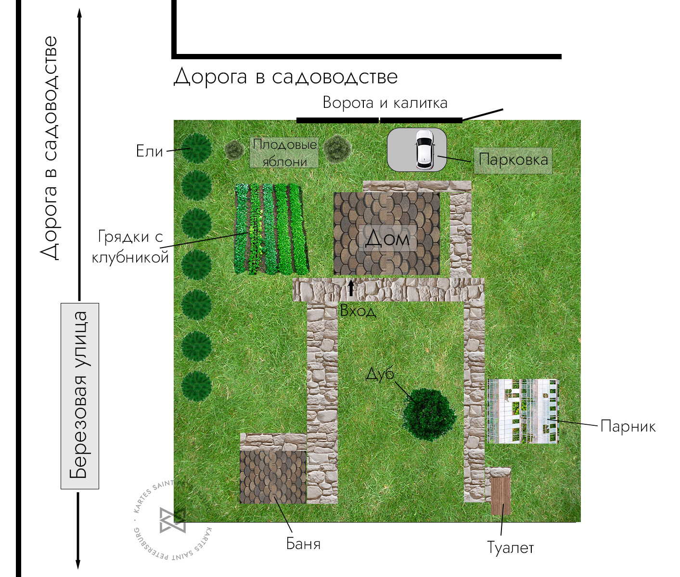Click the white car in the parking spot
click(424, 149)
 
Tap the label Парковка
click(513, 160)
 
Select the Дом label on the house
click(387, 238)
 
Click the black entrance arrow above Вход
click(351, 288)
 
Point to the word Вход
click(358, 311)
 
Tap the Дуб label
click(380, 374)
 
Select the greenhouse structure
click(523, 411)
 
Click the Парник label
click(628, 426)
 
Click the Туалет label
click(510, 548)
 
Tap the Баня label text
click(303, 544)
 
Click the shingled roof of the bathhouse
click(272, 477)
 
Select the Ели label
click(150, 151)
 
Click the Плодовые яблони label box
click(284, 153)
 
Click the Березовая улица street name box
click(80, 396)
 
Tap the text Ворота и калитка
click(385, 103)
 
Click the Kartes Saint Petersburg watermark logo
click(172, 520)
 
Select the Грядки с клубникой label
click(130, 247)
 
